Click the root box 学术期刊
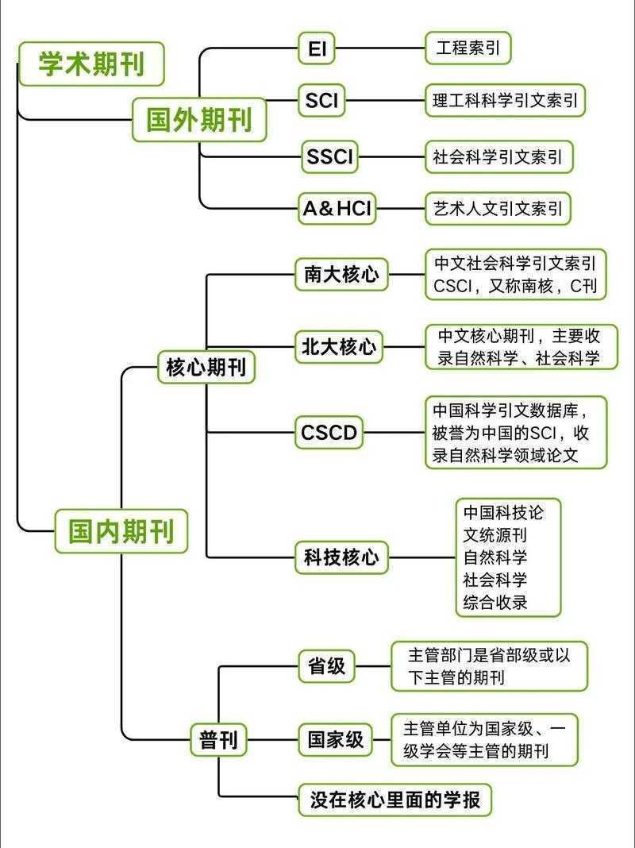[91, 64]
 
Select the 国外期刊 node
[199, 120]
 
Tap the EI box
[317, 49]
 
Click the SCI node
[321, 102]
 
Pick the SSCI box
[329, 156]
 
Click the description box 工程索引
[468, 48]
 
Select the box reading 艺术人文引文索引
[498, 209]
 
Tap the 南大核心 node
[341, 275]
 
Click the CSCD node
[329, 433]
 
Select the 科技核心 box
[341, 557]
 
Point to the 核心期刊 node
[206, 368]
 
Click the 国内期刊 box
[121, 531]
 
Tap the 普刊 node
[218, 741]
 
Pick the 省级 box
[326, 665]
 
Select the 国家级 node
[336, 740]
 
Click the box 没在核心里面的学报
[394, 799]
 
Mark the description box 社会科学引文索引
[498, 156]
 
